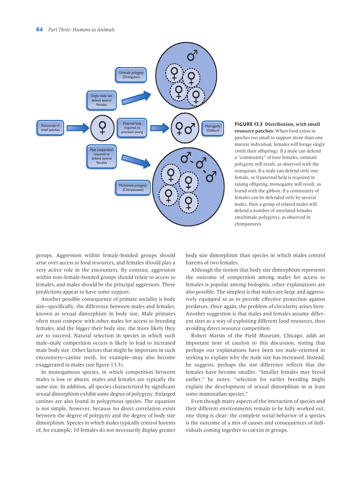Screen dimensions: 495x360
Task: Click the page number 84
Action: (39, 30)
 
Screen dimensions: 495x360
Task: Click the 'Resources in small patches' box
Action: (50, 128)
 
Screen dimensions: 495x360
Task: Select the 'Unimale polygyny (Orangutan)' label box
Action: (131, 74)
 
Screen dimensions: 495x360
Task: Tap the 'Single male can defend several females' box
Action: (101, 100)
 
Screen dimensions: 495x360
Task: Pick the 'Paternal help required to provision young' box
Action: (132, 128)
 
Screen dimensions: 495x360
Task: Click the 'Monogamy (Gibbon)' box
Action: (212, 128)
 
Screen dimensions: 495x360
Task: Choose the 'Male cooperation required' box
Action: (101, 156)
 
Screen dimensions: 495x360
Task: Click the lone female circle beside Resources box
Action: (102, 128)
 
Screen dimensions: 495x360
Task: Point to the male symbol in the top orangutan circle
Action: (192, 56)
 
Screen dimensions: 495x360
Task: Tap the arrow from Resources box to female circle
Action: (78, 128)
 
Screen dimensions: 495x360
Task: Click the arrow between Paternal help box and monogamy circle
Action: (159, 128)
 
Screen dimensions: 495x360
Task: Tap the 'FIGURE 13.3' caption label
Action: (248, 124)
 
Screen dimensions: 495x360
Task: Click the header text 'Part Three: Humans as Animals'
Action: (82, 30)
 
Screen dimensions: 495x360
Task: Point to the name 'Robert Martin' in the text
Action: (206, 335)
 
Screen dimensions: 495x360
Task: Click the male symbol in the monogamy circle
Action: (190, 128)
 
